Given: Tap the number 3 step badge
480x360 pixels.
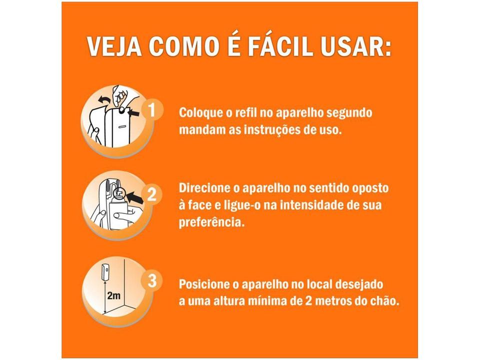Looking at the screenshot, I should coord(151,280).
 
